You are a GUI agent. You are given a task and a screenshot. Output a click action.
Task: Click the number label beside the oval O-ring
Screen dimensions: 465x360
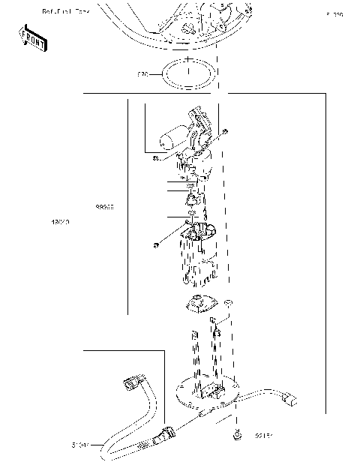pos(143,75)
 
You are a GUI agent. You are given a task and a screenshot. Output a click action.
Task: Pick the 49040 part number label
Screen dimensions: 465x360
pos(60,223)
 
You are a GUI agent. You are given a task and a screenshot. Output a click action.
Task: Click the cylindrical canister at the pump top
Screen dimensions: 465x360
pos(172,139)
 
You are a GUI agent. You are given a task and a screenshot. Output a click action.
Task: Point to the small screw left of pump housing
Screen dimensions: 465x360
pos(154,245)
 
